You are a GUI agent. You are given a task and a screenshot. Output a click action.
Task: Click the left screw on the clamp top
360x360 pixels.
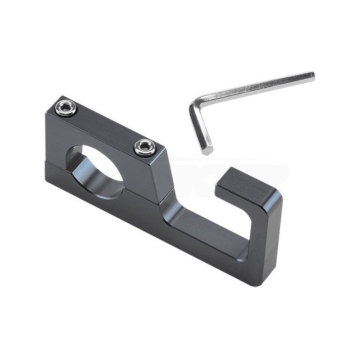tap(66, 108)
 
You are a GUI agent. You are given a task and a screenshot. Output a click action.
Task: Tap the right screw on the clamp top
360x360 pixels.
tap(145, 147)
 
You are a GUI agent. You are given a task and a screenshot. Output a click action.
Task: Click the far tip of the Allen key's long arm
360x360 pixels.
tap(311, 76)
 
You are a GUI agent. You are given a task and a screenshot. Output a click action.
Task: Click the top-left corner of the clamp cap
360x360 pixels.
tap(47, 112)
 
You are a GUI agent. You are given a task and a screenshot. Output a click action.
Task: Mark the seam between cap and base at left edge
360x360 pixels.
tap(46, 161)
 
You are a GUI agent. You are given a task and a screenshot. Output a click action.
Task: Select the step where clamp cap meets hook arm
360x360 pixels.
tap(169, 198)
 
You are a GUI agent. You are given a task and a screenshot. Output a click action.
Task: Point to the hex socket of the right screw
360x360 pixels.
tap(145, 147)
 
